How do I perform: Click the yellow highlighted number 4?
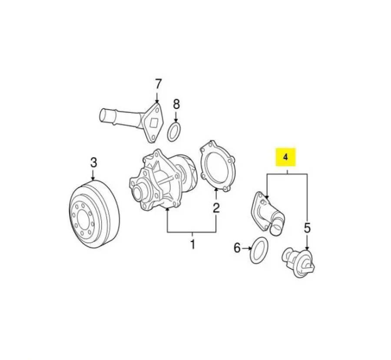(285, 157)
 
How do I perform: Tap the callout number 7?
(158, 84)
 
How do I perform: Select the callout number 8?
(176, 104)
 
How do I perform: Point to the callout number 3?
(93, 162)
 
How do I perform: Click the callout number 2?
(216, 208)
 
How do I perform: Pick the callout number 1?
(192, 244)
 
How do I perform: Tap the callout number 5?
(307, 228)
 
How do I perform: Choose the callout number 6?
(237, 248)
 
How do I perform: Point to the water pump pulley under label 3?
(94, 215)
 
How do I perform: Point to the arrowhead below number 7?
(157, 101)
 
